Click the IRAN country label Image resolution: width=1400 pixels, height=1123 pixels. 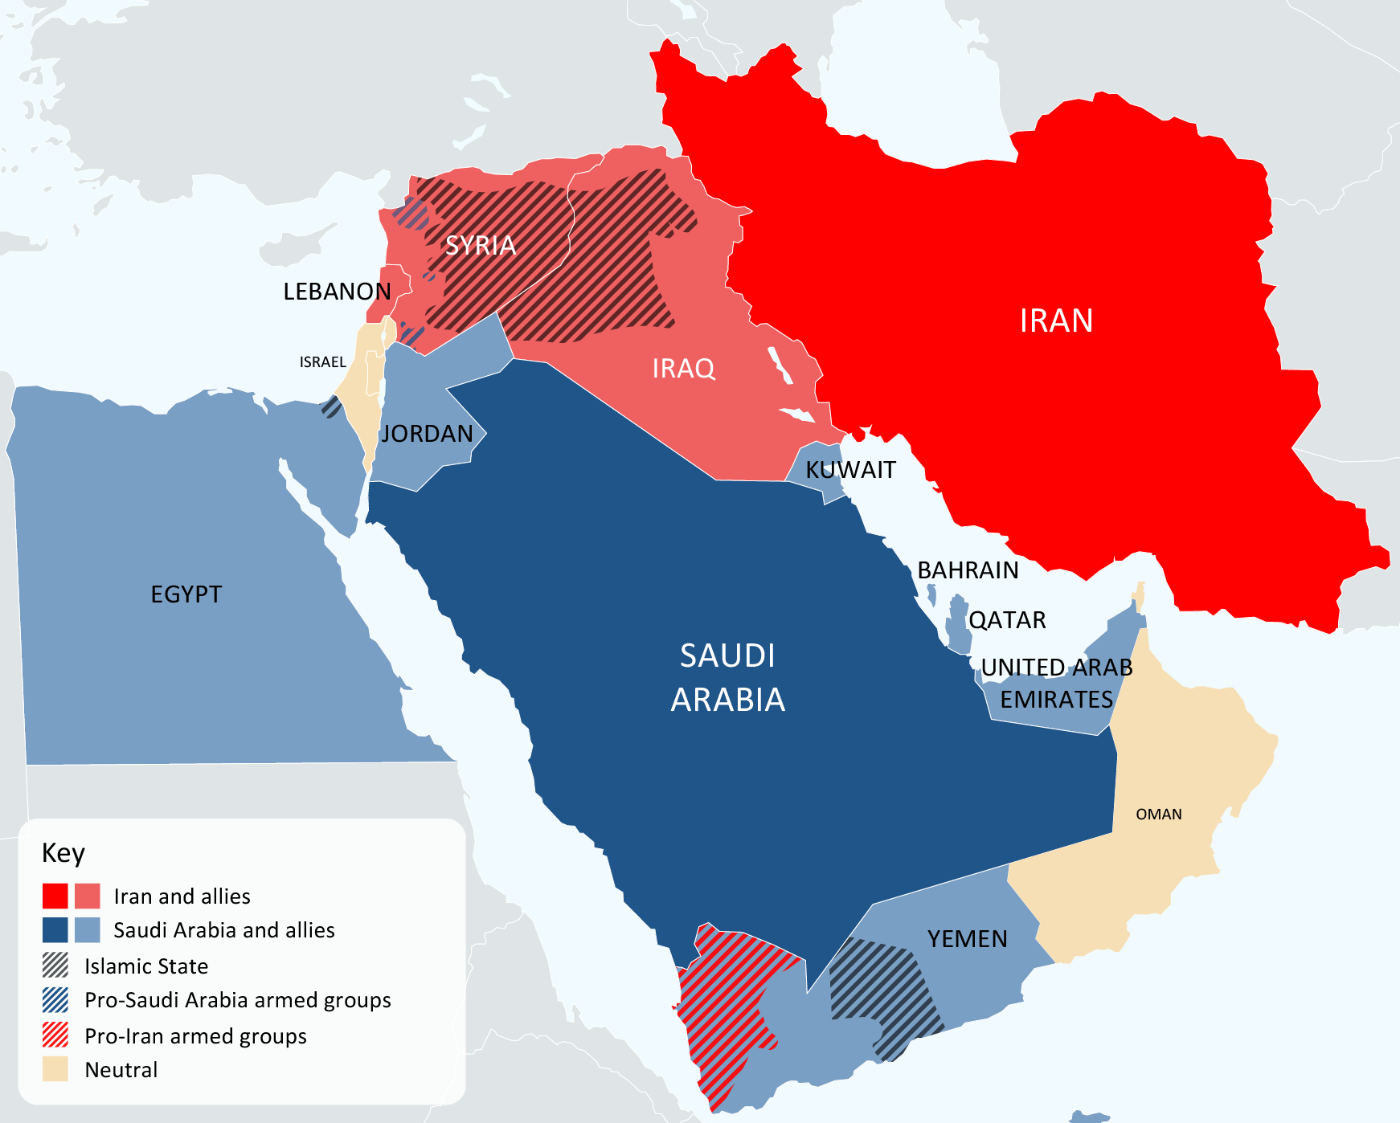[x=1055, y=321]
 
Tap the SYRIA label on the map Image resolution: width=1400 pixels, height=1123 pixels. [x=480, y=245]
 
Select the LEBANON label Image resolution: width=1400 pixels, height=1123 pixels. [x=337, y=292]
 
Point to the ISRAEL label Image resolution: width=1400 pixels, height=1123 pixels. [x=322, y=362]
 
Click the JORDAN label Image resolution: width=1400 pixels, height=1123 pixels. [x=427, y=434]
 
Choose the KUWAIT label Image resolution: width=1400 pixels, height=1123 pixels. [x=850, y=470]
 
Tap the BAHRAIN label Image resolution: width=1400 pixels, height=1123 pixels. [x=968, y=570]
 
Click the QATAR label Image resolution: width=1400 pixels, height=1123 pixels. [x=1007, y=620]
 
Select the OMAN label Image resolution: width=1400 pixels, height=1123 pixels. [x=1158, y=815]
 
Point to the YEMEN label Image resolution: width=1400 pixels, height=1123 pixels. [x=967, y=939]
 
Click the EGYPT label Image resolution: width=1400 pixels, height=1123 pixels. [x=186, y=594]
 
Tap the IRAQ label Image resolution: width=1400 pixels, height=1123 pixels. [x=683, y=369]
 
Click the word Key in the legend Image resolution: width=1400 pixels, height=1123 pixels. [x=63, y=853]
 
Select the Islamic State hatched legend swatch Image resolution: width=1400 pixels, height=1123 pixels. [x=55, y=965]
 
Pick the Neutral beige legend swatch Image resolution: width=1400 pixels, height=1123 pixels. [x=55, y=1069]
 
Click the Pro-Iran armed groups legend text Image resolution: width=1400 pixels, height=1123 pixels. [x=195, y=1036]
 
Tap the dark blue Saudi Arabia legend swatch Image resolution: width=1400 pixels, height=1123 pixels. [x=55, y=929]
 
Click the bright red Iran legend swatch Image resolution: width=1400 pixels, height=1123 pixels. [x=55, y=896]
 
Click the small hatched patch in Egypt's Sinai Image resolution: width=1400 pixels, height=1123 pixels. [x=331, y=406]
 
